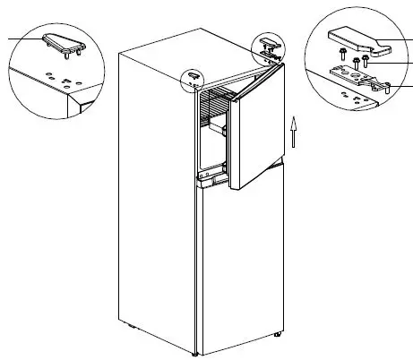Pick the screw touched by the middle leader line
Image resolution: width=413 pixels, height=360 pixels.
[x=366, y=62]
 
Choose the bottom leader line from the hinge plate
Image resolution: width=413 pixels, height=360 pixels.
[x=402, y=86]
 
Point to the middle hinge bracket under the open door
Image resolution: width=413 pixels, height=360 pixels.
[x=212, y=182]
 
